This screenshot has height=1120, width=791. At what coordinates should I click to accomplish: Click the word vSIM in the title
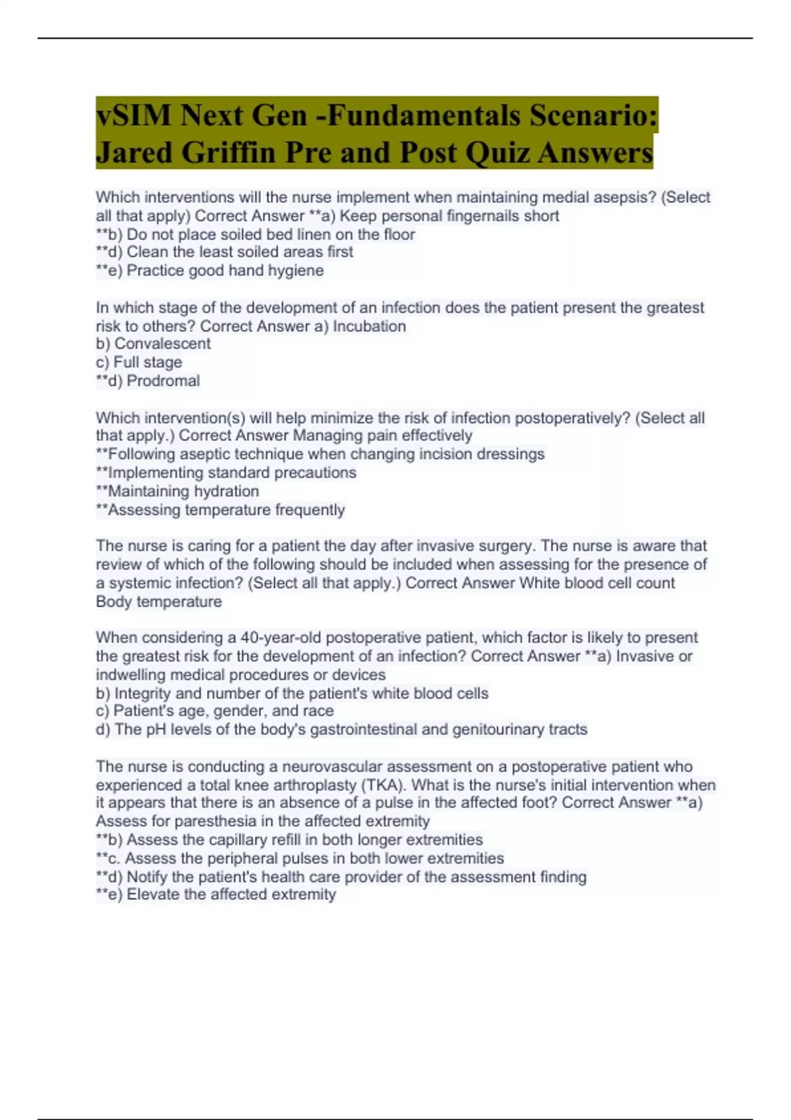132,116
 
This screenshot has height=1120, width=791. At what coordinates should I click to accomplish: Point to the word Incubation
369,326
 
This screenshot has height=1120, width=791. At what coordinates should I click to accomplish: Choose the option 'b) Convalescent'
153,344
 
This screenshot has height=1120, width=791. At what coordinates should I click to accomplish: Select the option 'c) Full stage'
138,362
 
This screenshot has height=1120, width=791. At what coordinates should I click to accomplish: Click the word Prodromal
163,381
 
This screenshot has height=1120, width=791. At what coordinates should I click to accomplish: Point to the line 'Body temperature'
159,602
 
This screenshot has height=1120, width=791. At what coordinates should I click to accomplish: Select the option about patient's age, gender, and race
215,711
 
